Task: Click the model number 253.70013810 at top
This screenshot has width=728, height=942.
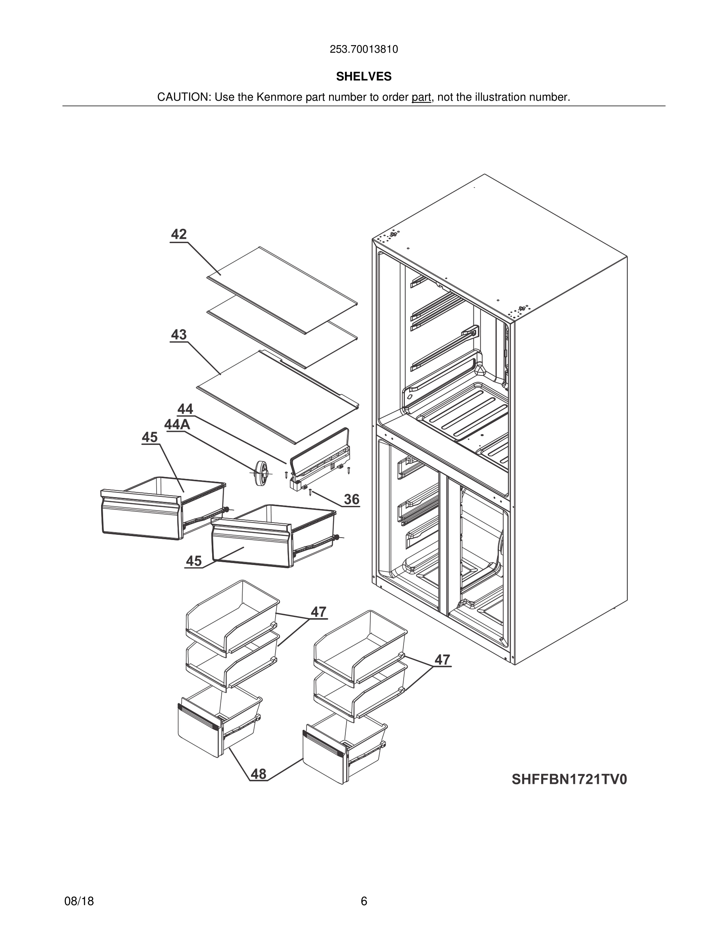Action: (364, 50)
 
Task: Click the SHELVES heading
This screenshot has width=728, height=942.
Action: (364, 77)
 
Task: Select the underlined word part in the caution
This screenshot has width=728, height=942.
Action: (421, 98)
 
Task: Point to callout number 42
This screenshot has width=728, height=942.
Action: (178, 235)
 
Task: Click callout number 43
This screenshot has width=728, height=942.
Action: (178, 335)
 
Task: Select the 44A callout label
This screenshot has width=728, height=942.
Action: (177, 425)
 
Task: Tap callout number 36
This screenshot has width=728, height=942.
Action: (351, 500)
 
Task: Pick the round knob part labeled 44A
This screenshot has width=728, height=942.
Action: (261, 473)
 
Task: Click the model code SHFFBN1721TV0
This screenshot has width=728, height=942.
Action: (569, 780)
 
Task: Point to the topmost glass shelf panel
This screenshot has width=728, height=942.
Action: (282, 289)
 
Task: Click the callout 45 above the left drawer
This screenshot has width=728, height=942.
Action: (149, 438)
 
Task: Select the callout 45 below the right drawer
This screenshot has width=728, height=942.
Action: (193, 561)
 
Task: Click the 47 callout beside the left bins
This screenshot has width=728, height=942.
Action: (319, 612)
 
